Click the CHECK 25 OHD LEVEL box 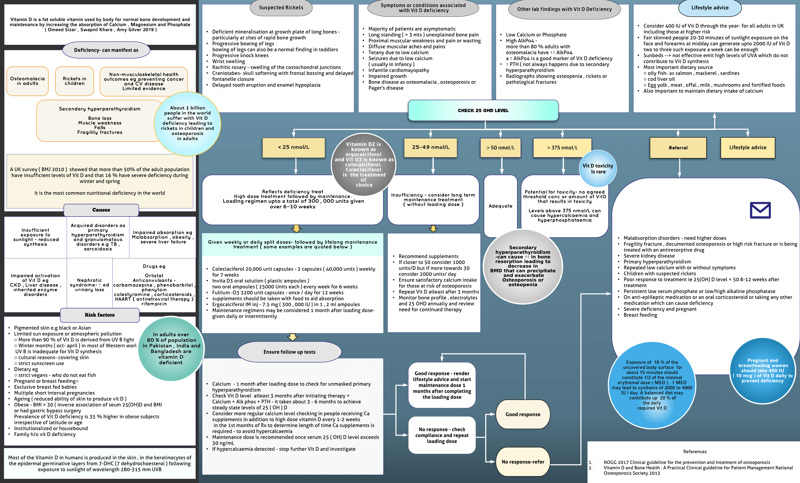click(x=483, y=111)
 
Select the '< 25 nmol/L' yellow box click(x=294, y=147)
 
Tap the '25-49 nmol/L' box click(x=430, y=147)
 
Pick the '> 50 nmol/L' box click(x=500, y=148)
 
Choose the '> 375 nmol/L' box click(x=562, y=148)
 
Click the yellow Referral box click(x=678, y=148)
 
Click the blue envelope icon click(x=760, y=210)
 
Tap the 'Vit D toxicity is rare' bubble click(x=598, y=169)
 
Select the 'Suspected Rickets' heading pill click(x=281, y=8)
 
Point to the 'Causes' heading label click(x=101, y=210)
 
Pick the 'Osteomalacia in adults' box click(x=27, y=81)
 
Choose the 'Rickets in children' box click(x=74, y=81)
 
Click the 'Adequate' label click(x=500, y=206)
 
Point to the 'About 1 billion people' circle click(x=187, y=123)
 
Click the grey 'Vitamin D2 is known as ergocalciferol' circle click(x=363, y=164)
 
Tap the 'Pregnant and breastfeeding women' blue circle click(x=762, y=370)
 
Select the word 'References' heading click(x=695, y=452)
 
